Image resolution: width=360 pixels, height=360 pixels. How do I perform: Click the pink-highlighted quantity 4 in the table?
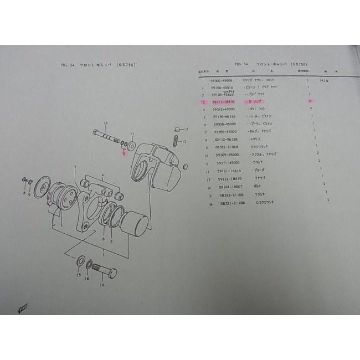point(310,101)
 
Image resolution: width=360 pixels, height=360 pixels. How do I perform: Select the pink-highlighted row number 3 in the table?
point(204,102)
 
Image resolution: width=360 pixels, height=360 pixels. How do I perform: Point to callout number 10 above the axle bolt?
point(105,122)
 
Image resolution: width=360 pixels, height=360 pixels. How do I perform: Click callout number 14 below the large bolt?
point(102,285)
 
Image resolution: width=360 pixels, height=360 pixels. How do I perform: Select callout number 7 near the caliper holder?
point(75,167)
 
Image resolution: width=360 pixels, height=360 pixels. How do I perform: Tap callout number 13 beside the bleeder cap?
point(187,129)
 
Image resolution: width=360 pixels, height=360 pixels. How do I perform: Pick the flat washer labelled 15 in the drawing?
point(81,261)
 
